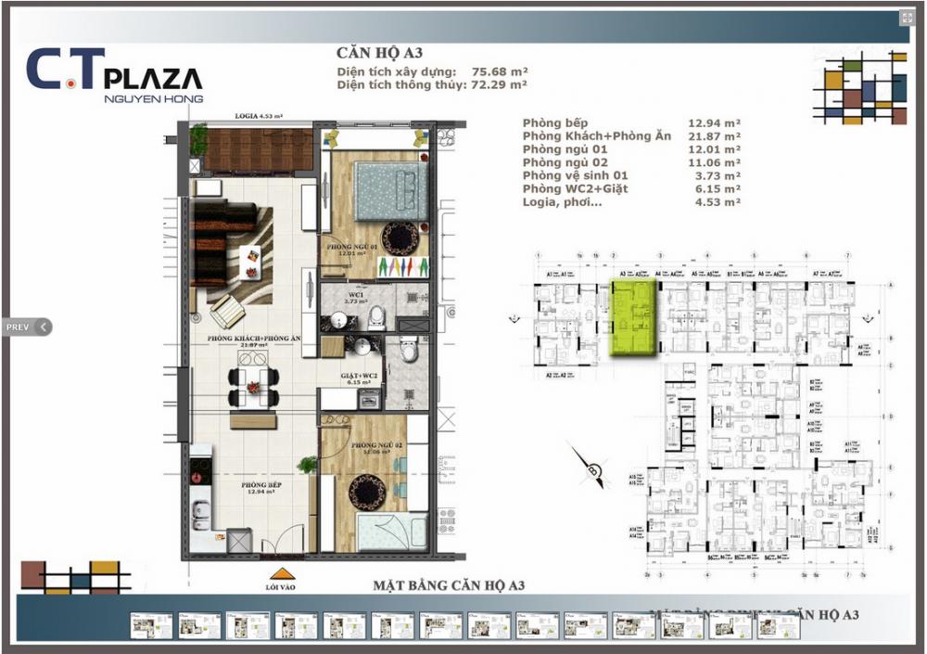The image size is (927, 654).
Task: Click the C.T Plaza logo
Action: coord(114,72)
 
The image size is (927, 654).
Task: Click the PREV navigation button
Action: coord(25,327)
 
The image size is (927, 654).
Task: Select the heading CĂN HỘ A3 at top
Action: coord(379,54)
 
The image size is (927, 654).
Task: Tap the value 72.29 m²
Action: coord(500,84)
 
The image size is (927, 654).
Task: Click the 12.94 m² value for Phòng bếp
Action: coord(714,122)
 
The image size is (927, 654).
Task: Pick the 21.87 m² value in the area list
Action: coord(714,136)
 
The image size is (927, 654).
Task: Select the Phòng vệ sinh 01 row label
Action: coord(575,175)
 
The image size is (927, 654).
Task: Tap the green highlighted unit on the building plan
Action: coord(634,319)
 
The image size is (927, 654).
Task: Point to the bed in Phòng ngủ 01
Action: coord(390,188)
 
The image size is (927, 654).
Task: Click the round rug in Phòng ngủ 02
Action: coord(365,492)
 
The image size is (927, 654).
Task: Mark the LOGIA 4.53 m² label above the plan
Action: coord(257,117)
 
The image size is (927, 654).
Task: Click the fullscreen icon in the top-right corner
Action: coord(906,18)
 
